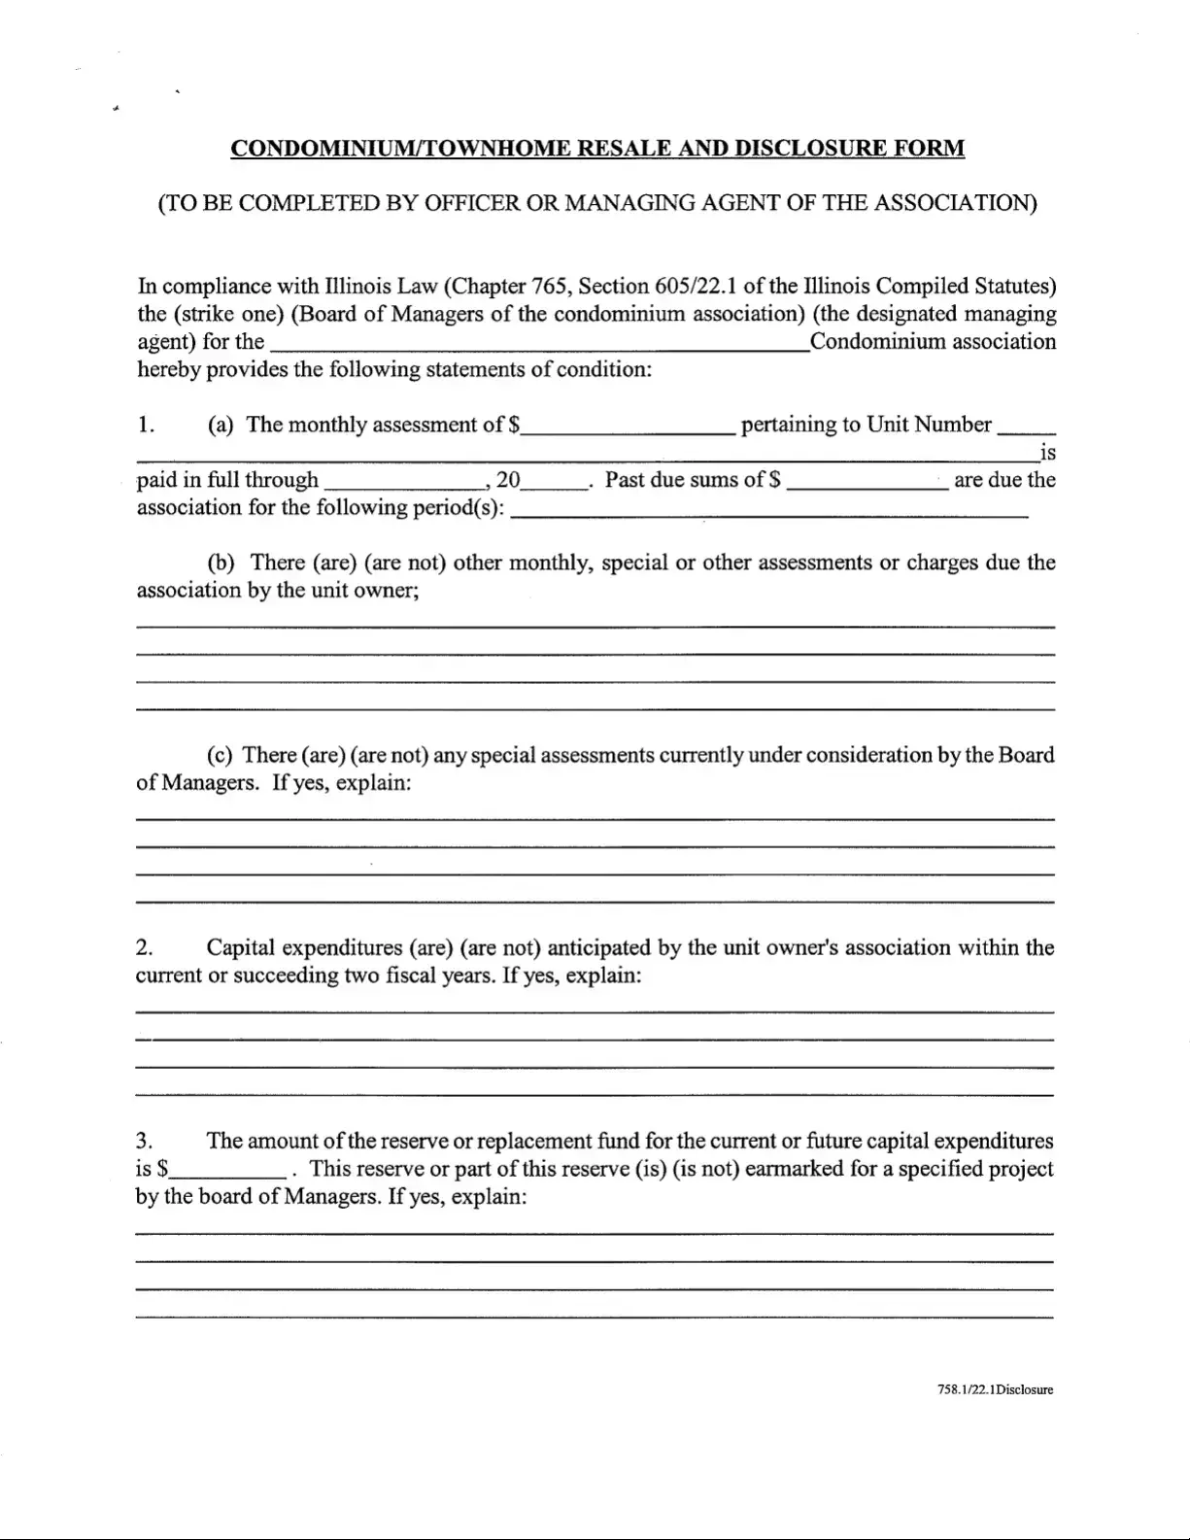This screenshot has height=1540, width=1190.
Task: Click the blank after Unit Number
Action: pyautogui.click(x=1027, y=428)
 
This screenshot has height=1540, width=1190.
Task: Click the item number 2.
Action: pyautogui.click(x=144, y=947)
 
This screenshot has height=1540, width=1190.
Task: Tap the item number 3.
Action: pyautogui.click(x=144, y=1141)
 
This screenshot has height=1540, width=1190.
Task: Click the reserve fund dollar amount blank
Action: pyautogui.click(x=229, y=1171)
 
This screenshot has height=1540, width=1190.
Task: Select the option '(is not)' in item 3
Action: pyautogui.click(x=704, y=1169)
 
